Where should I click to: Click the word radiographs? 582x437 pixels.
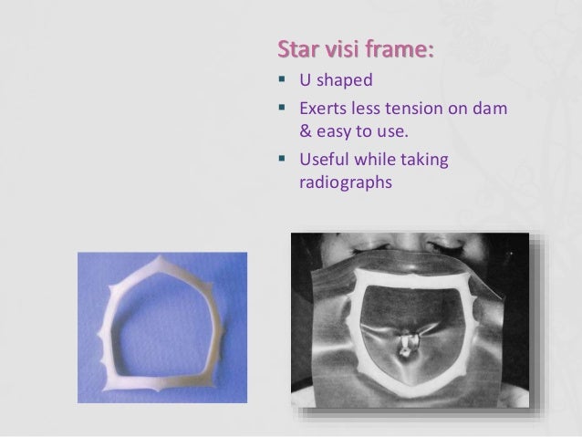(345, 182)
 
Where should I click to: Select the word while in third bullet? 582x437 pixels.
(384, 161)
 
